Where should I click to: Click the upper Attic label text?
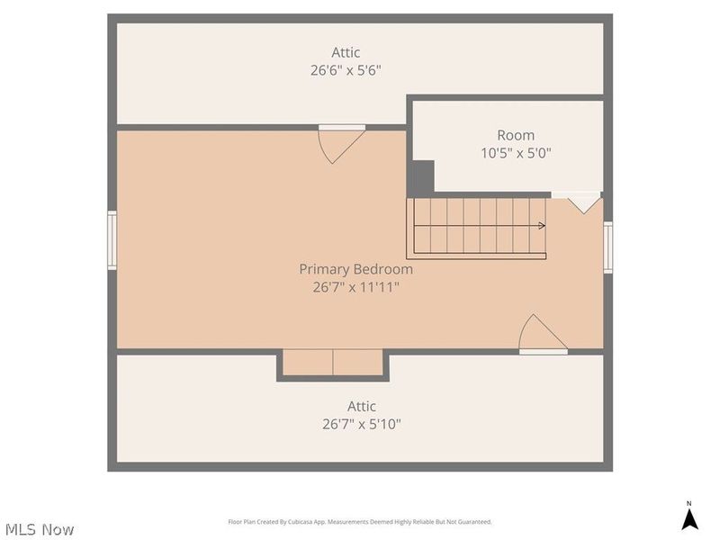[346, 53]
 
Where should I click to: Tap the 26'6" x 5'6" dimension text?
[346, 71]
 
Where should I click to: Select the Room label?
[516, 135]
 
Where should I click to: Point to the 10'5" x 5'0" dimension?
[516, 153]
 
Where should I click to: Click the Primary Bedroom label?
[356, 269]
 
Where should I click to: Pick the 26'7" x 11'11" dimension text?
[356, 287]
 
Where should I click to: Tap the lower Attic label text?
[362, 406]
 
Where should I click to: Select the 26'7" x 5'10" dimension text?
[362, 424]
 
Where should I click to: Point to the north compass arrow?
[689, 518]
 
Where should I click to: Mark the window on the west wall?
[112, 240]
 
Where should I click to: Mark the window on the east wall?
[608, 247]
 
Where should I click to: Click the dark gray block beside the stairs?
[421, 177]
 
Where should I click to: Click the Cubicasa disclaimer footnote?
[360, 522]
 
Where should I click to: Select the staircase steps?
[477, 227]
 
